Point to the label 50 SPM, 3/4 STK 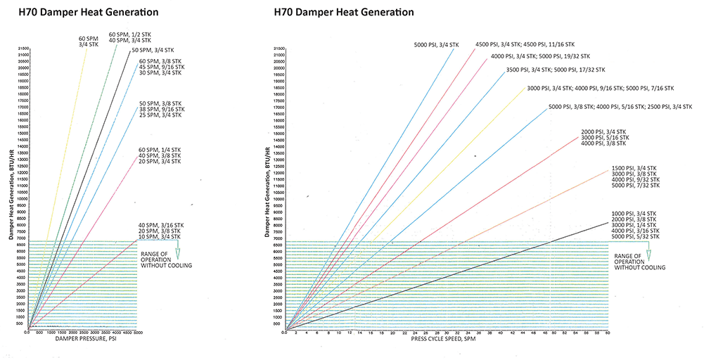click(152, 51)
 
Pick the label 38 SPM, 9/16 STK click(161, 109)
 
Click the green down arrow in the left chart click(177, 252)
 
